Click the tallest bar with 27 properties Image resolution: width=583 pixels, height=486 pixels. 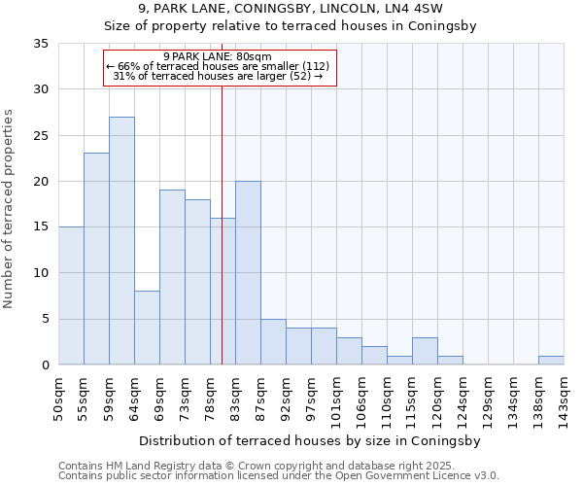point(121,241)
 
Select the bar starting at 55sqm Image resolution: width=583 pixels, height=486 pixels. point(96,259)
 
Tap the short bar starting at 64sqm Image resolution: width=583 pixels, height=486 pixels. point(147,328)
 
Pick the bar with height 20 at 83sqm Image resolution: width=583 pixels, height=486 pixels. point(248,273)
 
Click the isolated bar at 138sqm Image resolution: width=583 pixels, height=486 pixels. point(551,360)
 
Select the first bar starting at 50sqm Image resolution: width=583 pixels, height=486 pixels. point(71,295)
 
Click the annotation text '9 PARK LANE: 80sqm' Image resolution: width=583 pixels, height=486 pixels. point(218,56)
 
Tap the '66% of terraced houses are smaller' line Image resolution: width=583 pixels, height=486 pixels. point(218,66)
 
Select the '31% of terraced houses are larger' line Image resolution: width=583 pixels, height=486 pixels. point(218,76)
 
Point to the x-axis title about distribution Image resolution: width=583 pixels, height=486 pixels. point(310,440)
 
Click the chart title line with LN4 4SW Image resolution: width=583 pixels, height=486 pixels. point(291,9)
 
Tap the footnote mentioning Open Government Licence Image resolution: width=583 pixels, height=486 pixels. point(279,476)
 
